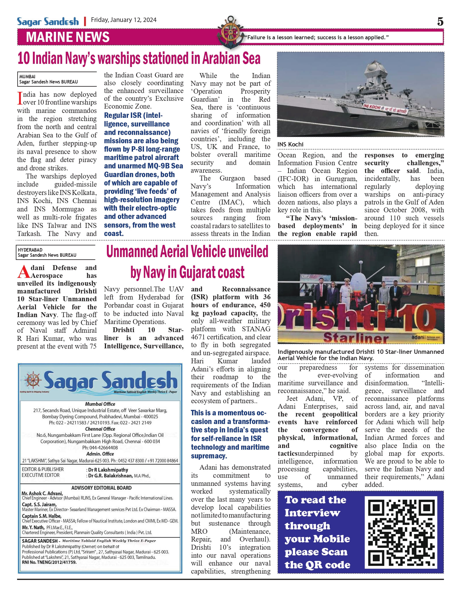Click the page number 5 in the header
coord(440,22)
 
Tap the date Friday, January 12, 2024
coord(124,20)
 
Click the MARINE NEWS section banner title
coord(68,37)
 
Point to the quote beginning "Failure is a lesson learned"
coord(316,38)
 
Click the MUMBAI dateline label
coord(27,77)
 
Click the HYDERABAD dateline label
coord(30,250)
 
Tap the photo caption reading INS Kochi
coord(290,144)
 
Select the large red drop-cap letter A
coord(23,272)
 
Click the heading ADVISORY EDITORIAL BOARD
coord(101,488)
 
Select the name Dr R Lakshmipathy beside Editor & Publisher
coord(108,470)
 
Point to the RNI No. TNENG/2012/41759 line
coord(49,562)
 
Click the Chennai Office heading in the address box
coord(100,429)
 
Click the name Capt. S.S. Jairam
coord(39,505)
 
